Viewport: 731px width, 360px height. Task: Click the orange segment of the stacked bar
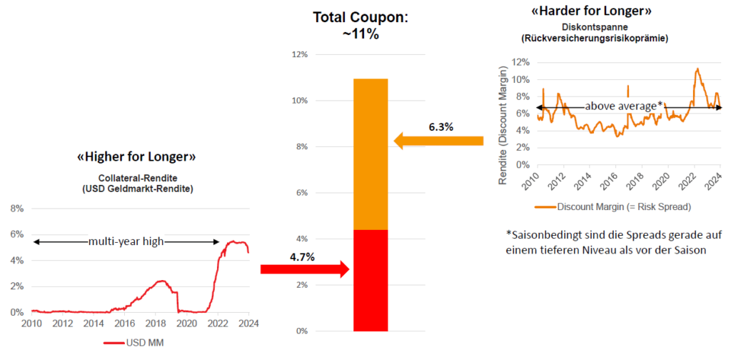(x=370, y=154)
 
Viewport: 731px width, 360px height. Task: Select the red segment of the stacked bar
(x=370, y=280)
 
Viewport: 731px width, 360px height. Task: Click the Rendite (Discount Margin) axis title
(x=503, y=120)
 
